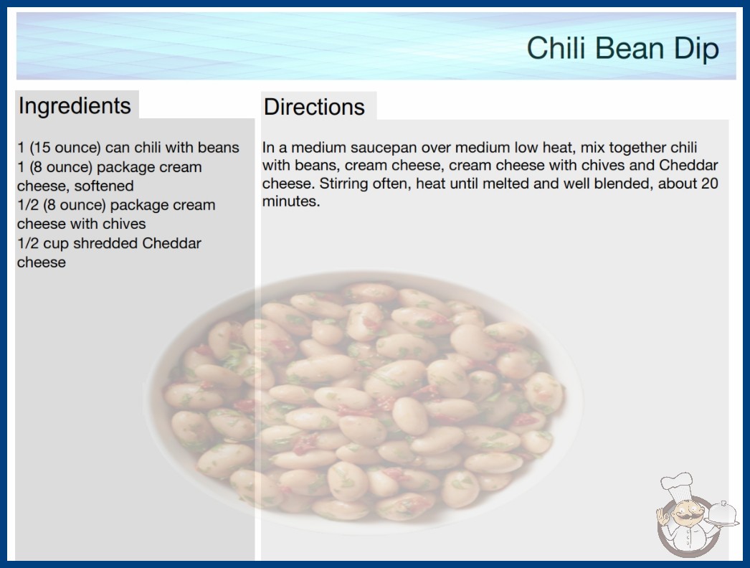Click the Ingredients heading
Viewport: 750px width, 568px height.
click(x=75, y=106)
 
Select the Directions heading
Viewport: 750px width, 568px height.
click(x=314, y=107)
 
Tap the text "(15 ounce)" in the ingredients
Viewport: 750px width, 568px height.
click(x=65, y=148)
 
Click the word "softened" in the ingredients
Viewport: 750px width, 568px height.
click(x=104, y=186)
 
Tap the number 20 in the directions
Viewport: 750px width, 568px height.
click(x=709, y=184)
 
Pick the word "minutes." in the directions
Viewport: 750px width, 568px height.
click(x=291, y=202)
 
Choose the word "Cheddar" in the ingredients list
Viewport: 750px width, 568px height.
click(x=171, y=243)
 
